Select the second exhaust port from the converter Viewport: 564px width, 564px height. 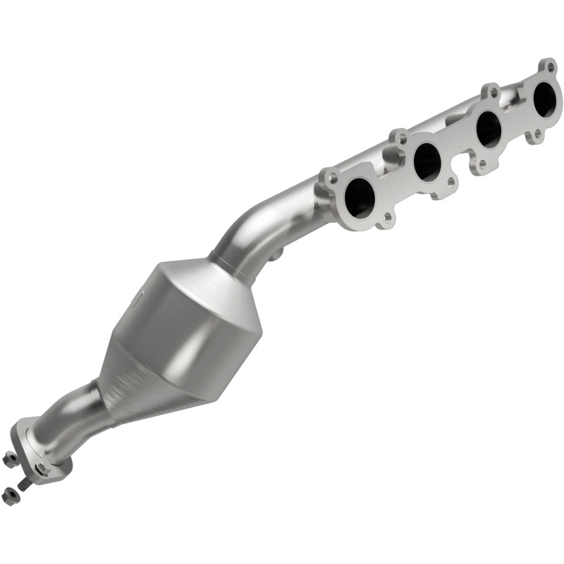tap(427, 161)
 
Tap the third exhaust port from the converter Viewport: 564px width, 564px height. tap(488, 128)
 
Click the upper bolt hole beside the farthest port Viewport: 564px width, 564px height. tap(546, 67)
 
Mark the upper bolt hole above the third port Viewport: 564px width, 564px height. tap(490, 92)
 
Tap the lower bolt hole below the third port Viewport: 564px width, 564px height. tap(482, 166)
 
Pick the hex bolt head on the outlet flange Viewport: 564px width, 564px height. tap(42, 468)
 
